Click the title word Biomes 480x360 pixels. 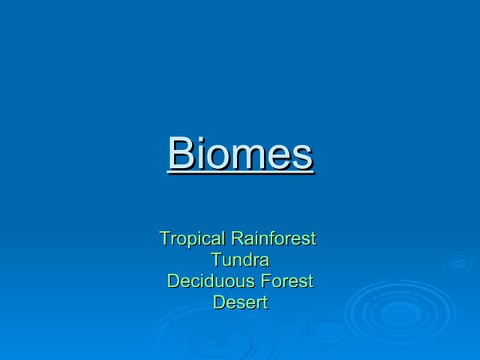click(x=240, y=154)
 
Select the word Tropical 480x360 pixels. click(x=193, y=239)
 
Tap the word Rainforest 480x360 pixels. click(x=274, y=239)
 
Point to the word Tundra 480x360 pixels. click(x=240, y=261)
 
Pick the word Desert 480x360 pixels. click(x=240, y=303)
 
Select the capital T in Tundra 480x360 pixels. click(x=216, y=261)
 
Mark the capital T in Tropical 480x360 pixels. click(x=165, y=239)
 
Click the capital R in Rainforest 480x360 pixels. click(x=237, y=239)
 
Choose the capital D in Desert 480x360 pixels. click(x=219, y=303)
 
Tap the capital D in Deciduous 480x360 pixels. click(x=173, y=282)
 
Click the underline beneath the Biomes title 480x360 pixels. click(x=240, y=173)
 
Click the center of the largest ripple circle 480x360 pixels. click(x=400, y=312)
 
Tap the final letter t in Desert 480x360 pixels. click(x=264, y=303)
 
